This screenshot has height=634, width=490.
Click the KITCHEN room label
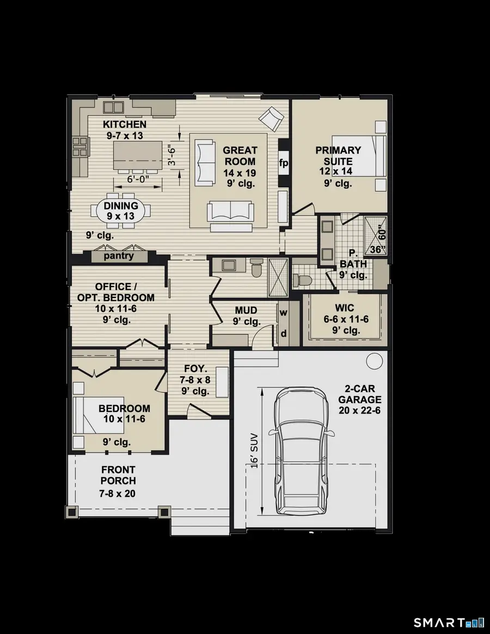[x=125, y=125]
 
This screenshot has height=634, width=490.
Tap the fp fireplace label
[x=283, y=163]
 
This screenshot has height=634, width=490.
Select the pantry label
[x=119, y=256]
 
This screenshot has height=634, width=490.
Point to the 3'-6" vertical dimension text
[x=172, y=155]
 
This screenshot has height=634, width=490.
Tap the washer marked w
[x=283, y=313]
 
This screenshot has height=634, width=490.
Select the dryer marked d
[x=283, y=333]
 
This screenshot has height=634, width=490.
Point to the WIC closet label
[x=345, y=308]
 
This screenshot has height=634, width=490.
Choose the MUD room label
[x=246, y=310]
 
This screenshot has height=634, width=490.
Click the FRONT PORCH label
[x=118, y=475]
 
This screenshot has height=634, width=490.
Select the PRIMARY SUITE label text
[x=338, y=156]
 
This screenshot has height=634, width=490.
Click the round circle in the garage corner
[x=374, y=361]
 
